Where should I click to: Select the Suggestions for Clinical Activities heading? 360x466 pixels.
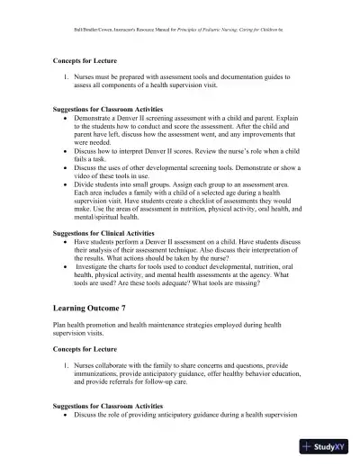pos(108,231)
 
